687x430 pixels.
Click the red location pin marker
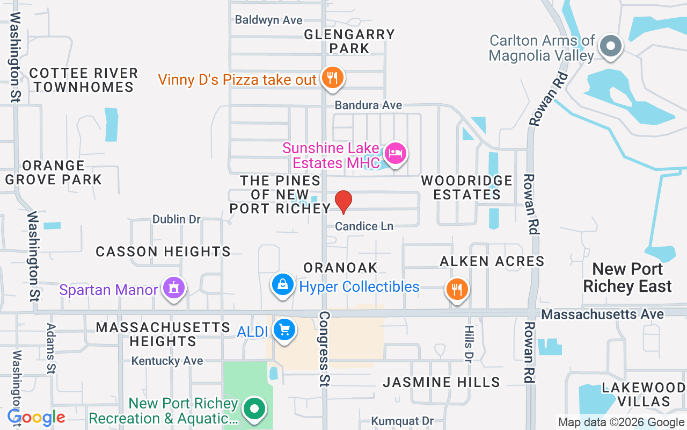click(343, 202)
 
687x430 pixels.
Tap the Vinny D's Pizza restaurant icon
click(333, 78)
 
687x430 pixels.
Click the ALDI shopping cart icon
click(284, 329)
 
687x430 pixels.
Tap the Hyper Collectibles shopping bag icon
click(282, 285)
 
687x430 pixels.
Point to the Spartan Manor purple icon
click(173, 288)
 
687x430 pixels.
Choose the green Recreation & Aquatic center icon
click(254, 409)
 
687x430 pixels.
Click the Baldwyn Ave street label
click(269, 20)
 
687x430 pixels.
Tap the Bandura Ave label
click(368, 105)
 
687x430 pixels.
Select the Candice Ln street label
click(364, 226)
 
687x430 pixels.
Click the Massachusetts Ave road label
click(603, 314)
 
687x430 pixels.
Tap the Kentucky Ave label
click(167, 361)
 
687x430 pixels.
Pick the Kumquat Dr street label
click(403, 421)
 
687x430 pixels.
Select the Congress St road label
click(324, 348)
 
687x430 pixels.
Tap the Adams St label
click(51, 348)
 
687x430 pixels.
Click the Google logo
click(36, 418)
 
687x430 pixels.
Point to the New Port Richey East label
click(627, 277)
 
